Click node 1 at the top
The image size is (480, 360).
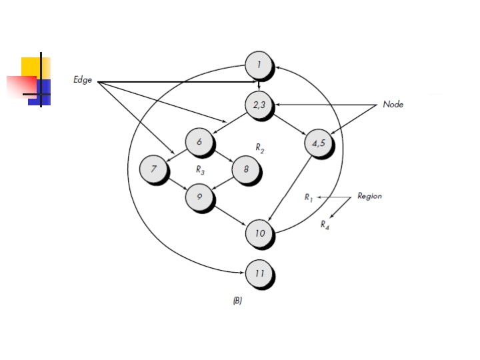[259, 65]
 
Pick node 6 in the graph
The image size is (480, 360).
[199, 142]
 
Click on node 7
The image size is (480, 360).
[153, 169]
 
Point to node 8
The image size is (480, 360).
[245, 170]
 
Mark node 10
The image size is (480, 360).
[259, 233]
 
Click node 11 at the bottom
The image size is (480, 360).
[259, 274]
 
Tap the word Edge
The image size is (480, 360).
[83, 80]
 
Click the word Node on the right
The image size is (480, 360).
[393, 105]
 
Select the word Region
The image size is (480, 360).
[369, 196]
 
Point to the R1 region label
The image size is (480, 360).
[309, 197]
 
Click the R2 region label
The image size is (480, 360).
[260, 147]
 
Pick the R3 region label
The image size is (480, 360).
[199, 170]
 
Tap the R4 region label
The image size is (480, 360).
[325, 225]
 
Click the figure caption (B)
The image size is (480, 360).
[237, 301]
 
